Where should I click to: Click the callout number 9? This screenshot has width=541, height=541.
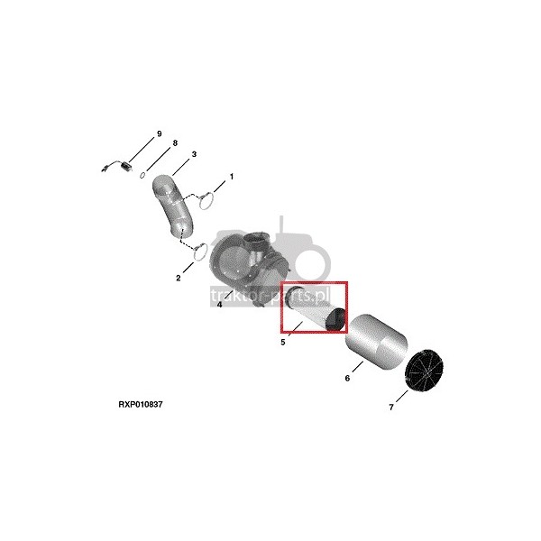159,133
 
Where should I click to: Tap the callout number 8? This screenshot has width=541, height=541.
175,143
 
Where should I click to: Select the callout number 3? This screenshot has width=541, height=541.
194,154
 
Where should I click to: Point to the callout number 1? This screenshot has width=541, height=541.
232,177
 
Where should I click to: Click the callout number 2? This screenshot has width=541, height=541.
178,278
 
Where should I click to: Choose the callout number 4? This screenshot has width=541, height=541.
219,305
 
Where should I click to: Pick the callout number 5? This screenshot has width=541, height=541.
283,343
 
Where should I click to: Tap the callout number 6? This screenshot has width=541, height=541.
347,378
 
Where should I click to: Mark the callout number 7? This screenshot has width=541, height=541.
391,408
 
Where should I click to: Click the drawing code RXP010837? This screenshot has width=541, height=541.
141,404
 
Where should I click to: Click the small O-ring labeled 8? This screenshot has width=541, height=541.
142,176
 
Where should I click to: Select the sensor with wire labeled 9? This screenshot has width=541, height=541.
117,166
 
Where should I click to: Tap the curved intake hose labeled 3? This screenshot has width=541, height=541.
172,207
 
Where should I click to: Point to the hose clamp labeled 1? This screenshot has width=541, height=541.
206,201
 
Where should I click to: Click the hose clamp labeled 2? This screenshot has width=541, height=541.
200,252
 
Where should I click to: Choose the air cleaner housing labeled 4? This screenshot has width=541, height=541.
250,268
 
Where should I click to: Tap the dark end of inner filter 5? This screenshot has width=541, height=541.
335,320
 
